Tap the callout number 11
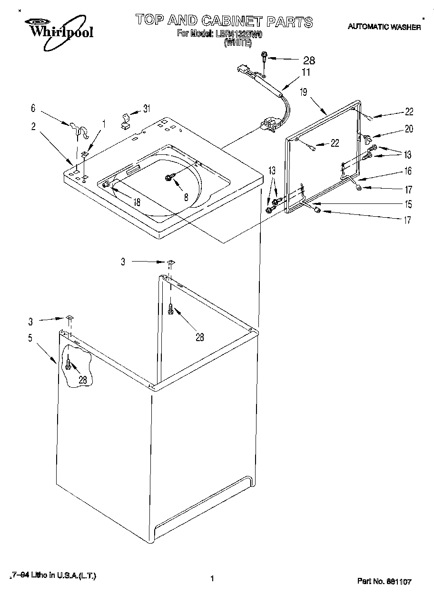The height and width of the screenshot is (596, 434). pos(306,72)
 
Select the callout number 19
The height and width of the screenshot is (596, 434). pos(304,92)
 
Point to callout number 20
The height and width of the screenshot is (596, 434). pos(409,129)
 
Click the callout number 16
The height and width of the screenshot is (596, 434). pos(408,171)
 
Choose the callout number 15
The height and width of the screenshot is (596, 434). pos(408,205)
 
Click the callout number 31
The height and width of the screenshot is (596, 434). pos(147,108)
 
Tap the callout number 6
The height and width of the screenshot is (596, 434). pos(33,108)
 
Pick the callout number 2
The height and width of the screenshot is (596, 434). pos(33,126)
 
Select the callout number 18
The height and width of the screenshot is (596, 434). pos(137,202)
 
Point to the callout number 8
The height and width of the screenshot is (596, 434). pos(186,196)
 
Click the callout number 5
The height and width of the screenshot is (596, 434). pos(30,338)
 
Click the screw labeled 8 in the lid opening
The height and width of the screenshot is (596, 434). pos(169,178)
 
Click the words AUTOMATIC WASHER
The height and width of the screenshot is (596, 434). pos(384,27)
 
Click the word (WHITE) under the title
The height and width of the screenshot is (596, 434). pos(237,42)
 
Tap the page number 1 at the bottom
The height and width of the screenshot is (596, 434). pos(211,579)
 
